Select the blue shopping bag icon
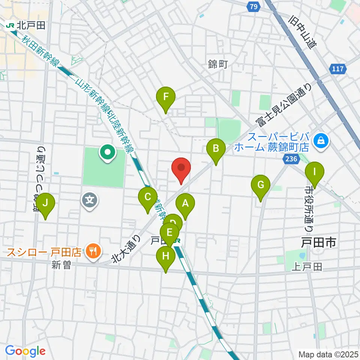(321, 141)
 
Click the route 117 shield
(338, 69)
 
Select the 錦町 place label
(217, 64)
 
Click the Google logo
(25, 351)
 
